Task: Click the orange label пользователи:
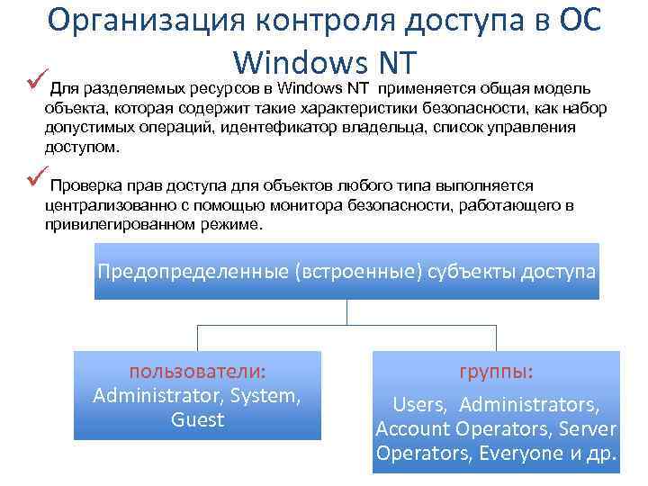click(198, 371)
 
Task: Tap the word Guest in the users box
click(197, 419)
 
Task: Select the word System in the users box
click(265, 395)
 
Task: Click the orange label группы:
click(496, 371)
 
